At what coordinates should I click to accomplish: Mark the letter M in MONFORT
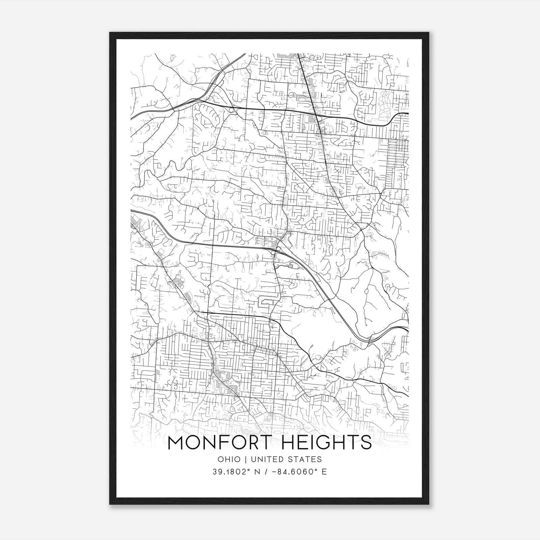pos(176,442)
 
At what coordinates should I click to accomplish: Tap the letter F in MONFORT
pos(227,442)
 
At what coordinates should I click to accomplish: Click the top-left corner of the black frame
pos(110,33)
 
